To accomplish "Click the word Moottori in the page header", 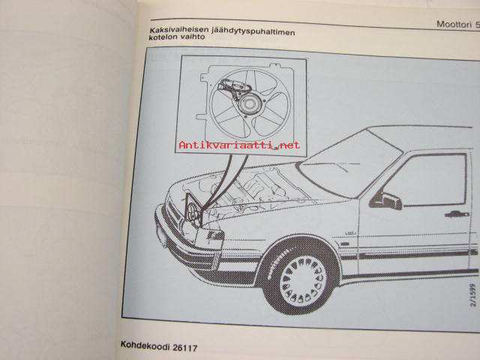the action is [454, 24].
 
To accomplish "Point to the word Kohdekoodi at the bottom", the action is [145, 344].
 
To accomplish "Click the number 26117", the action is [185, 347].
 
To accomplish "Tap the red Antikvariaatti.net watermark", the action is [239, 145].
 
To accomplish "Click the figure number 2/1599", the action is [473, 295].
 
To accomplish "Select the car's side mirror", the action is [388, 200].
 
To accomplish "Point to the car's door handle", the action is [457, 214].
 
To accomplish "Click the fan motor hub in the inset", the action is [249, 103].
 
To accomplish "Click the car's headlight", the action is [215, 235].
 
